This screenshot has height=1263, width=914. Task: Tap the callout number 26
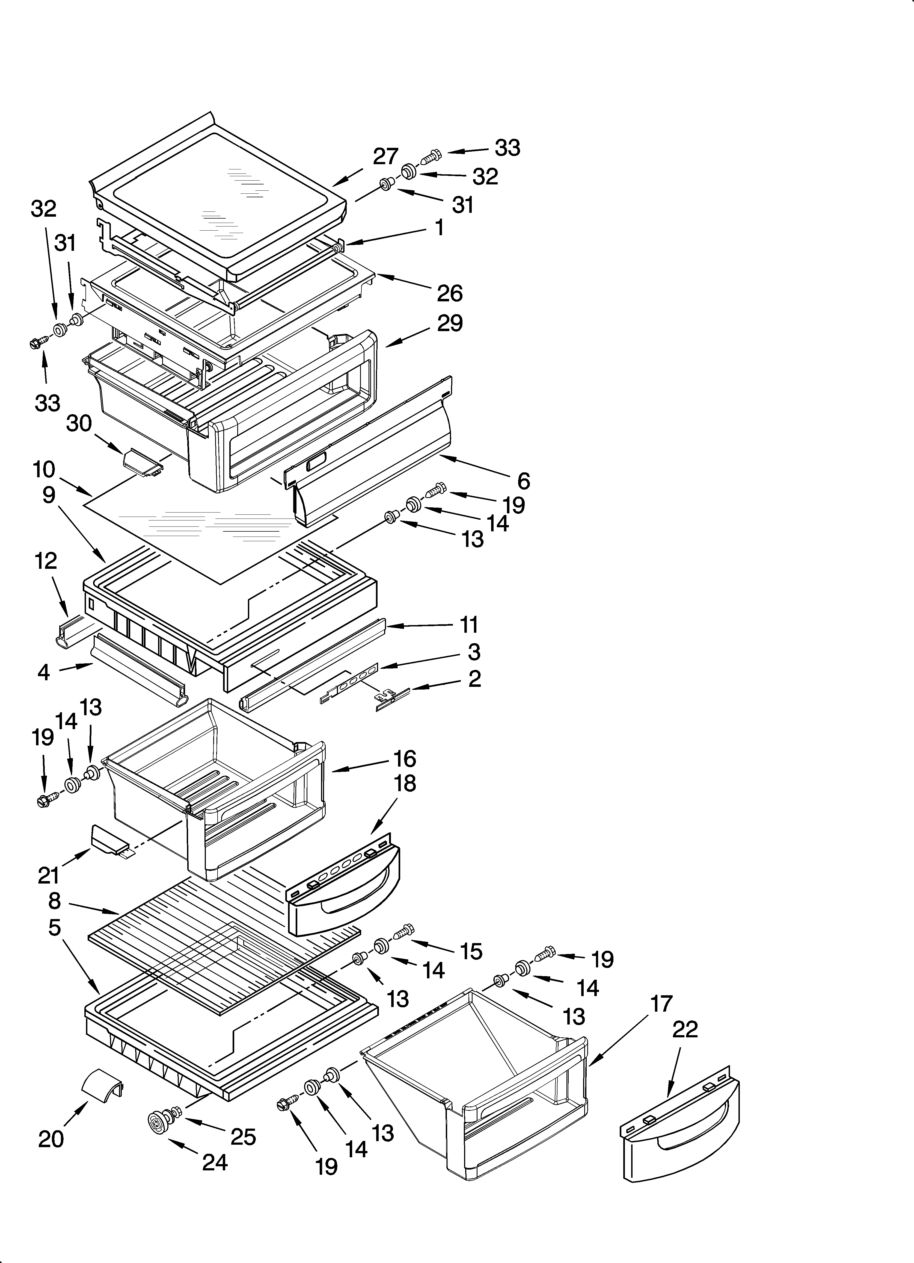click(449, 293)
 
